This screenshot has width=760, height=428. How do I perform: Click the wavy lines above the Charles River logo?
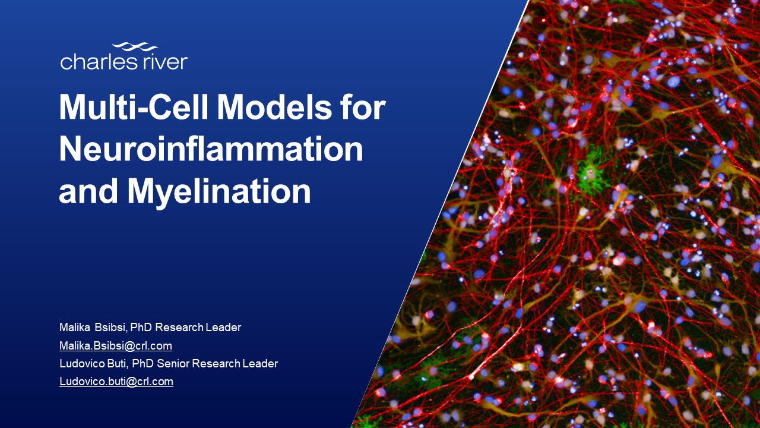tap(135, 46)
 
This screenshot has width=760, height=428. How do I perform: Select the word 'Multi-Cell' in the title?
tap(134, 106)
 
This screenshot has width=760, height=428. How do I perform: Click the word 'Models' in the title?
tap(274, 106)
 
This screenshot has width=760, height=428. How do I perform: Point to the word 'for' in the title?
tap(363, 106)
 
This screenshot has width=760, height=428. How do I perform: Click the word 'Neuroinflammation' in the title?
tap(211, 149)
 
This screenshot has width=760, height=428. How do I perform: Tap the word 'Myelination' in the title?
tap(219, 192)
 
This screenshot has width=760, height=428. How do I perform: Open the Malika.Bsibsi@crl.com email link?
tap(116, 345)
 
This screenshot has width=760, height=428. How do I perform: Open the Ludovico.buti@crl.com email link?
tap(116, 381)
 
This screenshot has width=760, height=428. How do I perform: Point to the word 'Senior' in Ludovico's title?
tap(173, 363)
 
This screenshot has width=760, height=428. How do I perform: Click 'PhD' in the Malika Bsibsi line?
tap(141, 327)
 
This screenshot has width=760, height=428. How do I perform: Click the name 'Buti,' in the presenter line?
tap(118, 363)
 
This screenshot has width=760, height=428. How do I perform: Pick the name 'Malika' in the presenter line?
tap(75, 327)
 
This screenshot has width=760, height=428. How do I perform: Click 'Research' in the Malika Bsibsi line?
tap(179, 327)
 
